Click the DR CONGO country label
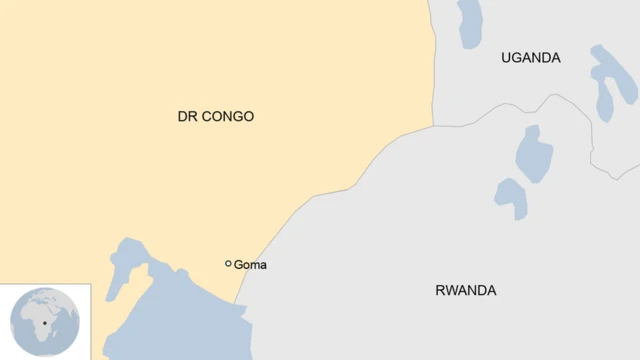tap(215, 117)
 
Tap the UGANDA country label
tap(530, 58)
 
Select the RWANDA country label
tap(465, 291)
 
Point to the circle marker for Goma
tap(229, 264)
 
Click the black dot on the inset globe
tap(44, 323)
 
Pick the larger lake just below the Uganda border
tap(534, 153)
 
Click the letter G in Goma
tap(238, 265)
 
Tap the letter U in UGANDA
tap(506, 58)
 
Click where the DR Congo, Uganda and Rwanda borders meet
tap(433, 126)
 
